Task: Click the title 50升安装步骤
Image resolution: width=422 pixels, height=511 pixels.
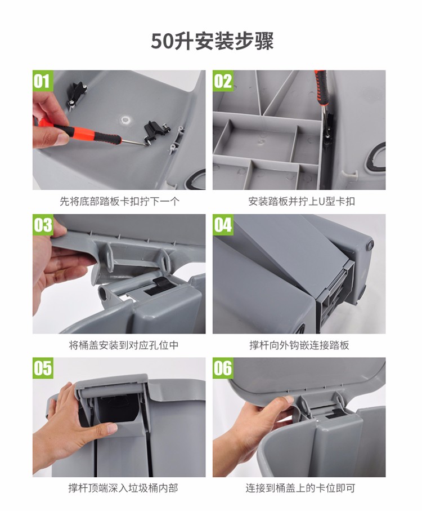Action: [212, 41]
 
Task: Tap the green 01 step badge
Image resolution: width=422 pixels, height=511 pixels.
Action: [43, 81]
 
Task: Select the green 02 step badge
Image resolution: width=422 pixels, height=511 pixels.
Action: [223, 81]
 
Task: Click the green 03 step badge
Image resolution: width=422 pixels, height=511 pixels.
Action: [43, 225]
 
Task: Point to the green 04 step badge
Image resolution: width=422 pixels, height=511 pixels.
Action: [223, 225]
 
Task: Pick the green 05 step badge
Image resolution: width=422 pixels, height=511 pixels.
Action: [43, 368]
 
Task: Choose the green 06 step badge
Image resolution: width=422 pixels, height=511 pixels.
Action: [223, 368]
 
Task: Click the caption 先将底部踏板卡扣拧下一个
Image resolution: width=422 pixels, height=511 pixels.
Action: [119, 201]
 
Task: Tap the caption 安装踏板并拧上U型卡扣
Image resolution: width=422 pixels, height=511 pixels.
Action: [301, 201]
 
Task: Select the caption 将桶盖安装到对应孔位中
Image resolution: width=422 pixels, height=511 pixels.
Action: [124, 345]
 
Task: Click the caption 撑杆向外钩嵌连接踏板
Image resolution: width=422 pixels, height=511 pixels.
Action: [299, 345]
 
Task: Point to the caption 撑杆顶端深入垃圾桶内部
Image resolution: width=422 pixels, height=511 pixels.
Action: [123, 488]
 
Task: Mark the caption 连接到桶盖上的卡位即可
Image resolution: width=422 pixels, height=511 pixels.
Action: [300, 488]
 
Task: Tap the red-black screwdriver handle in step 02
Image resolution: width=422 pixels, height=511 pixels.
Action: [321, 87]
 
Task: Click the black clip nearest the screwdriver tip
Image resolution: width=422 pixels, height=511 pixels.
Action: [155, 131]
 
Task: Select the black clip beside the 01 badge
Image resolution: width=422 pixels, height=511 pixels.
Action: [78, 94]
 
